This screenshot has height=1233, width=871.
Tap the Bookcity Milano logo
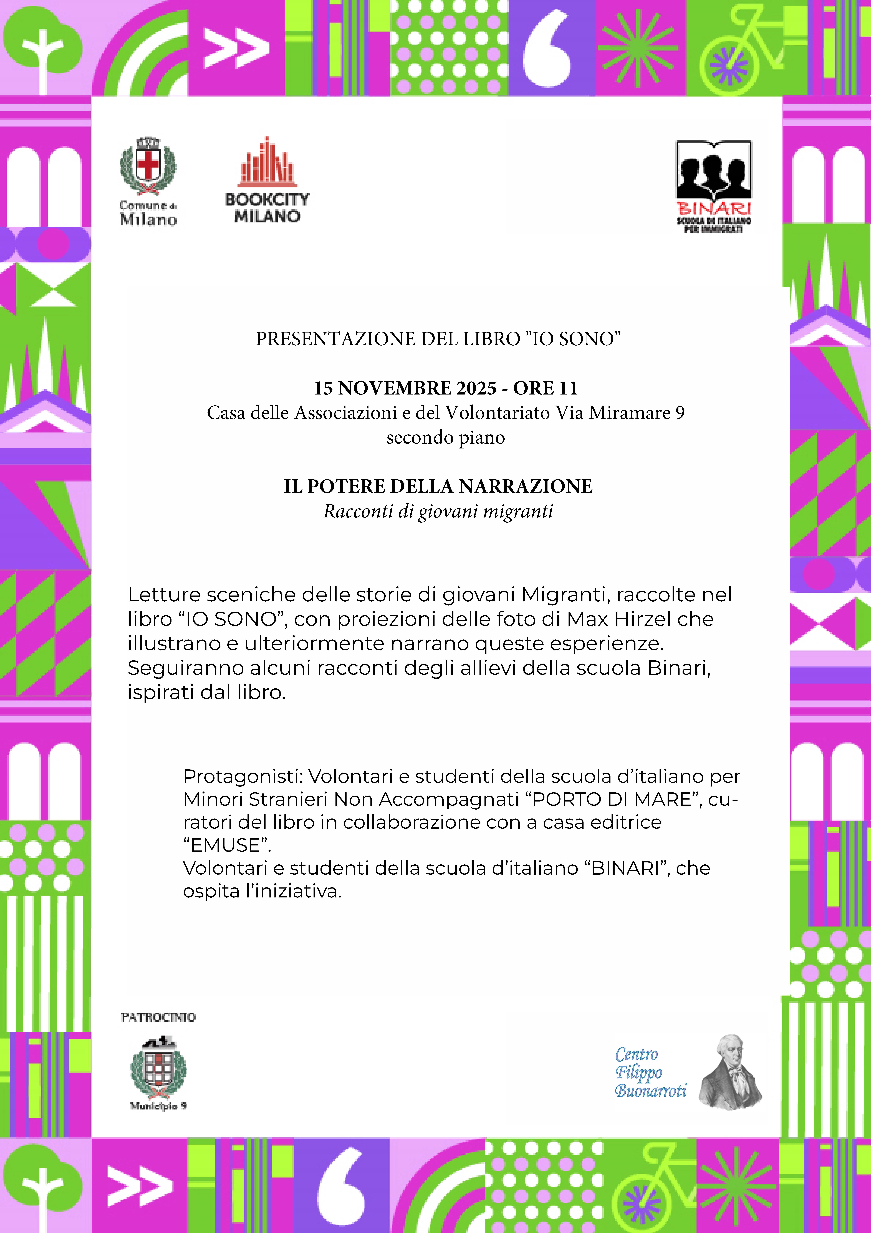point(267,180)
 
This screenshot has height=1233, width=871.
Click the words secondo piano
point(445,438)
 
